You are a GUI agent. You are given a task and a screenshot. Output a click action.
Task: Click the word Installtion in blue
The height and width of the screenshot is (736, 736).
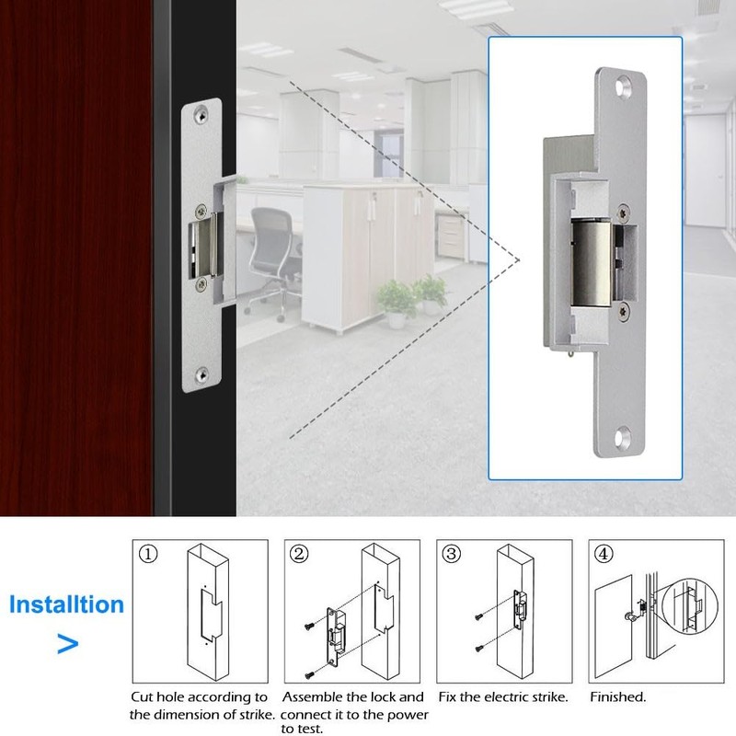click(65, 604)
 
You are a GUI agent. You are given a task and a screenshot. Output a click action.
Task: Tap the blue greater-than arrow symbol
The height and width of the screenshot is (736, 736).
click(67, 642)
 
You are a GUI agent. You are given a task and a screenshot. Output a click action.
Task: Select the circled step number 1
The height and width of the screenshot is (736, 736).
click(148, 555)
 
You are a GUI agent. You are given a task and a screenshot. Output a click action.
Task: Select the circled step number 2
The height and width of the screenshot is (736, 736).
click(298, 555)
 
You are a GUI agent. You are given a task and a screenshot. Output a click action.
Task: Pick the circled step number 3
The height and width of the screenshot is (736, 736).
click(451, 555)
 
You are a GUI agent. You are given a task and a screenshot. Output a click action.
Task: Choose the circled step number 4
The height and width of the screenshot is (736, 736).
click(602, 555)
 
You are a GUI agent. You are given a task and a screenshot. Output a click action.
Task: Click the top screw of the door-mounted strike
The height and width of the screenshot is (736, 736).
click(201, 116)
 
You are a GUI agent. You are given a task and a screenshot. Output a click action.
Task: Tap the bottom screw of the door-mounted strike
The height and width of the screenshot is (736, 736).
click(201, 374)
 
